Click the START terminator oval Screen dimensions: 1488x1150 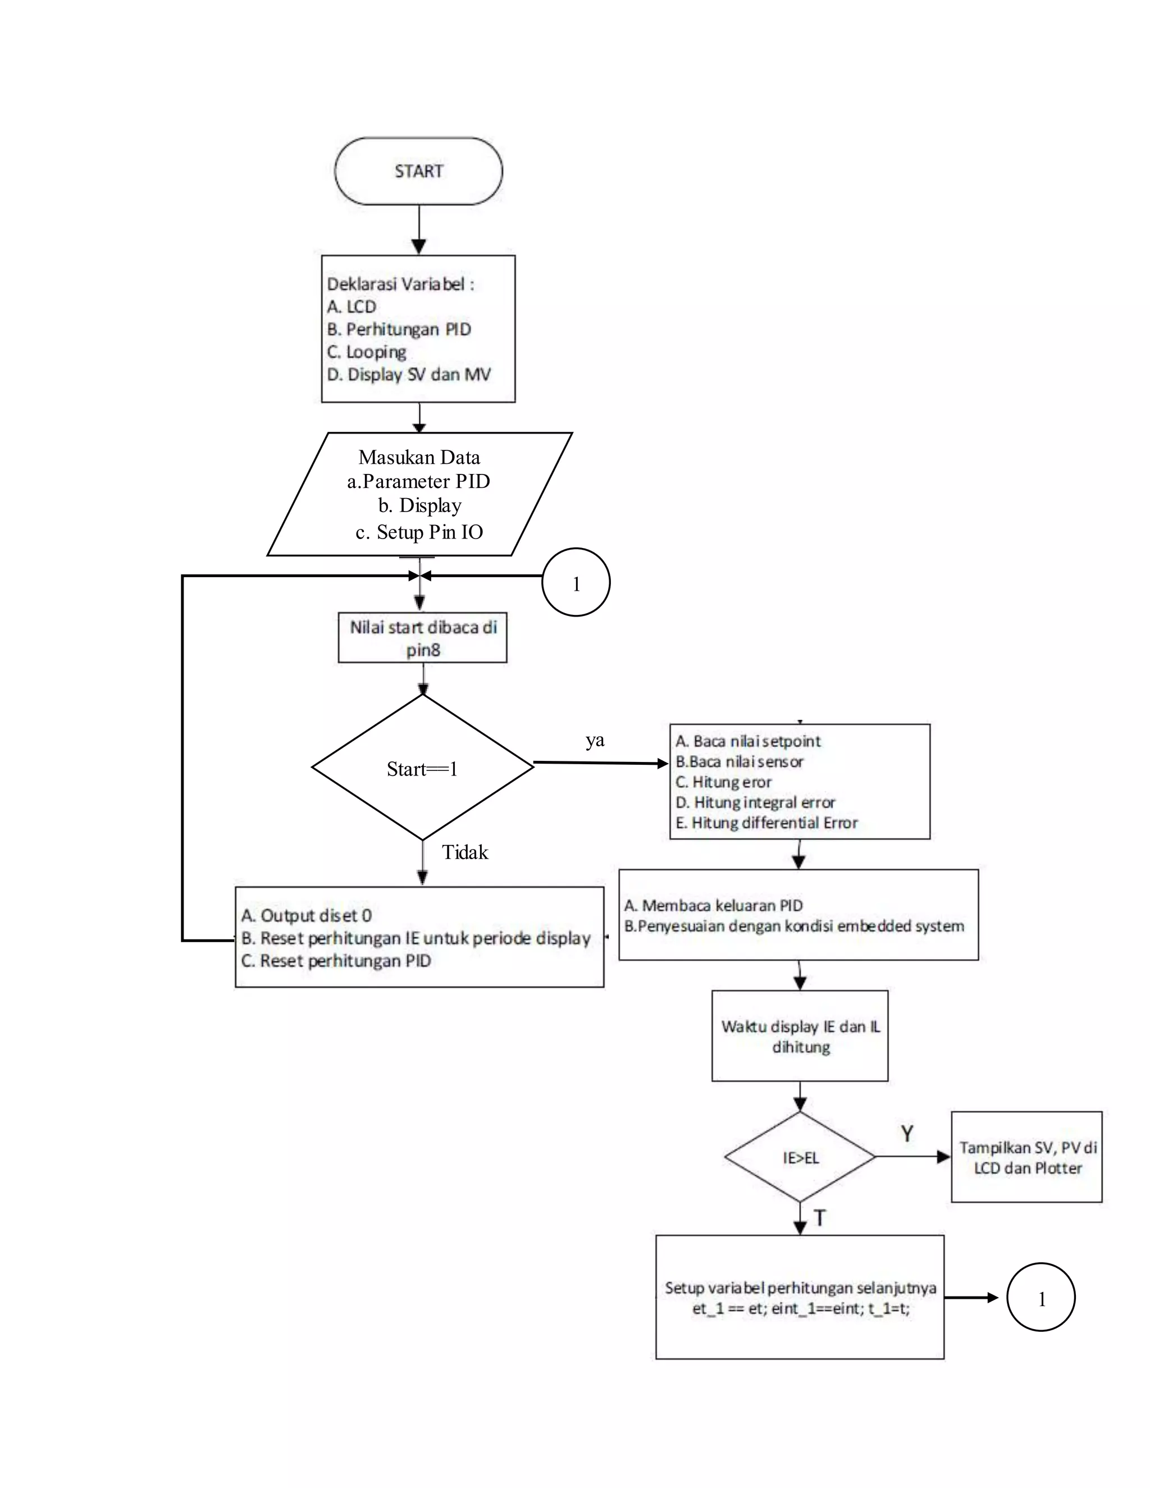pyautogui.click(x=418, y=171)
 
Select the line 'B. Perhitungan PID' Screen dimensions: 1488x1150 pyautogui.click(x=399, y=330)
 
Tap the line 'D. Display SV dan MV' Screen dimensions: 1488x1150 pyautogui.click(x=408, y=375)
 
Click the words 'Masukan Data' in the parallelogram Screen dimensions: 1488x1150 pyautogui.click(x=419, y=457)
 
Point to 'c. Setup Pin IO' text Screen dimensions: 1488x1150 pyautogui.click(x=419, y=532)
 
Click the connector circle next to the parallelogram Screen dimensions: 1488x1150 pyautogui.click(x=576, y=582)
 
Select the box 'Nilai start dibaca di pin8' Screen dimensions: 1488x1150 pyautogui.click(x=422, y=638)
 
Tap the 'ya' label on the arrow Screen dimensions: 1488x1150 pyautogui.click(x=595, y=741)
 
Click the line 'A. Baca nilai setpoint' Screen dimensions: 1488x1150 pyautogui.click(x=747, y=741)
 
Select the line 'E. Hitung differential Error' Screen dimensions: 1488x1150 pyautogui.click(x=766, y=823)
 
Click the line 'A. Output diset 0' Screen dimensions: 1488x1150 pyautogui.click(x=306, y=916)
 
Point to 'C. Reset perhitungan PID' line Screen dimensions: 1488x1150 pyautogui.click(x=336, y=961)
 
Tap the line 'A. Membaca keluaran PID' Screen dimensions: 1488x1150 pyautogui.click(x=713, y=906)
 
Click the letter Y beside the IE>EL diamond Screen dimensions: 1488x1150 pyautogui.click(x=907, y=1134)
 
